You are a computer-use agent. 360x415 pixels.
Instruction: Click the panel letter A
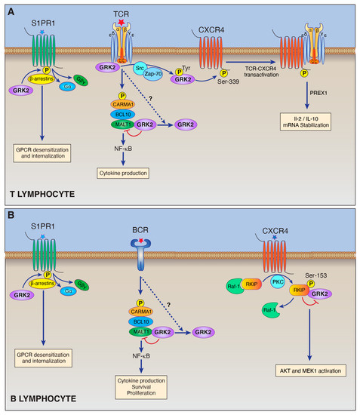[x=10, y=9]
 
